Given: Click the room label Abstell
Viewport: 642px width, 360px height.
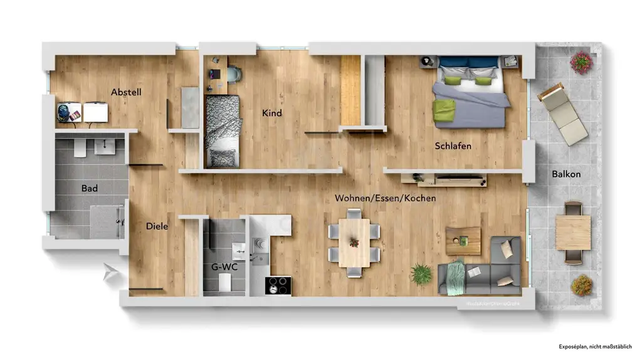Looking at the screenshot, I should tap(126, 92).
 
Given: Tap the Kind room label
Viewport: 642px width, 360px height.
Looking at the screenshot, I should tap(272, 114).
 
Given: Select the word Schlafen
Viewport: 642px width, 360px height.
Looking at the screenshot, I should tap(453, 146).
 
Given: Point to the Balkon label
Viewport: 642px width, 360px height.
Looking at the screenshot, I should tap(566, 174).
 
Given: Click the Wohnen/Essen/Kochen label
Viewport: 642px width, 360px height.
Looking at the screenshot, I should tap(385, 198).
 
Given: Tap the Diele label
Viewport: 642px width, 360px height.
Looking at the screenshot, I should tap(157, 226).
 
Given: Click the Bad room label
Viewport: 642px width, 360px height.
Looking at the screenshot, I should tap(90, 188).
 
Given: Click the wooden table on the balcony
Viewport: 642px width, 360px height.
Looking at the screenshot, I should tap(573, 233).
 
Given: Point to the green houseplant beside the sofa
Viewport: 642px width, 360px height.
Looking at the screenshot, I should tap(421, 274).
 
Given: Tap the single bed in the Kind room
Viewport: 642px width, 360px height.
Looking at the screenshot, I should tap(223, 131).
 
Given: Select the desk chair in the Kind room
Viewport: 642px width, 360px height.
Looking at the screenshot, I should tap(234, 73).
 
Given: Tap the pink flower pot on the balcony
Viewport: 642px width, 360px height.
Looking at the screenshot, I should tap(581, 61).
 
